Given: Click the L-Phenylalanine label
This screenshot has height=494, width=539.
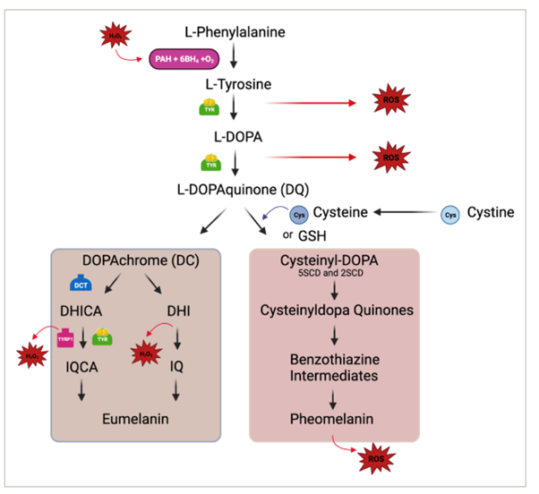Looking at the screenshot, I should click(234, 33).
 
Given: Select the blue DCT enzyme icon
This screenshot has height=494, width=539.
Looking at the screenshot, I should click(82, 285).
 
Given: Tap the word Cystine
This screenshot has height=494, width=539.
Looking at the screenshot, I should click(492, 213).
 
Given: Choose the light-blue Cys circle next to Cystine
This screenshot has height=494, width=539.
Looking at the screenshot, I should click(451, 214).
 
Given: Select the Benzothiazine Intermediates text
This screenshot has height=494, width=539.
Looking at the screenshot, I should click(331, 366).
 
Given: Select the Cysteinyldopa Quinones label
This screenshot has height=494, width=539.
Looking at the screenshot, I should click(331, 313).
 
